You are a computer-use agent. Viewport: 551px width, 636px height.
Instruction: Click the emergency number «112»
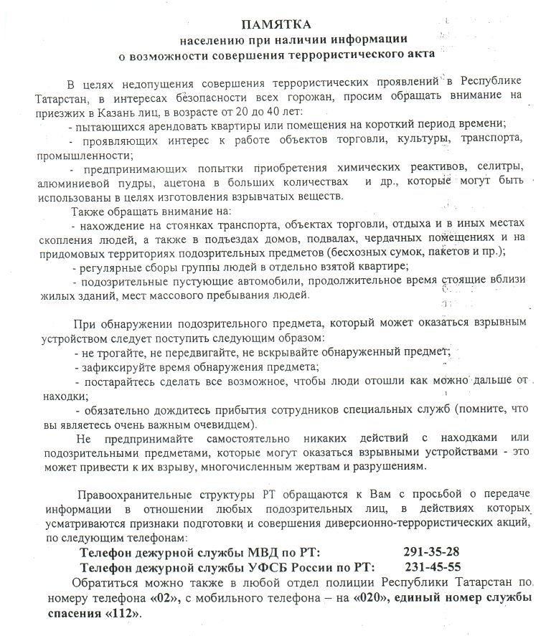125,614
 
